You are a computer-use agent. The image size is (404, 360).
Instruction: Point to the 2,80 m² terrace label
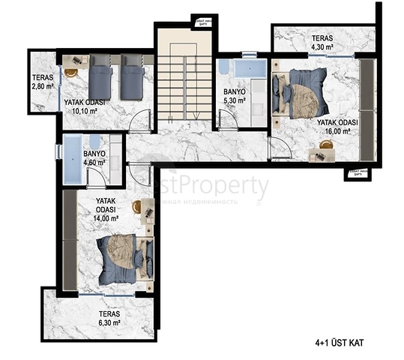tap(43, 82)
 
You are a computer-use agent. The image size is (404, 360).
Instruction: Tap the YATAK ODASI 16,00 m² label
tap(337, 126)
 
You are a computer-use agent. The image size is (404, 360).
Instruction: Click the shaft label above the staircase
tap(201, 20)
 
